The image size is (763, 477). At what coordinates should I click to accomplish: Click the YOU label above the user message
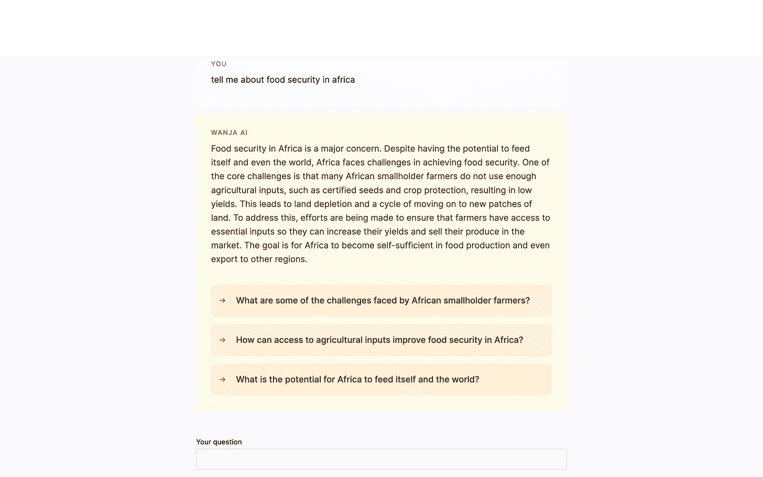[x=219, y=64]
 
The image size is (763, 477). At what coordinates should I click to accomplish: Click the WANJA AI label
[x=229, y=133]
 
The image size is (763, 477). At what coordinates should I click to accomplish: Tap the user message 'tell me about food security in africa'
[x=282, y=80]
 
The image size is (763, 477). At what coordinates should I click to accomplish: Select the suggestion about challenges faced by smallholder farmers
[x=383, y=300]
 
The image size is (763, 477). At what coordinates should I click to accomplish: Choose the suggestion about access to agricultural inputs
[x=379, y=340]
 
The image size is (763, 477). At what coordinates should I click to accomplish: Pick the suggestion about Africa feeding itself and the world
[x=357, y=380]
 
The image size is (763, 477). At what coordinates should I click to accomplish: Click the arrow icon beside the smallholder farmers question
[x=222, y=300]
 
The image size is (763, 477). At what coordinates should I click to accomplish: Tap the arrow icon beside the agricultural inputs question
[x=222, y=340]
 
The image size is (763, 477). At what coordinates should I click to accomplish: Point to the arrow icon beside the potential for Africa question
[x=222, y=380]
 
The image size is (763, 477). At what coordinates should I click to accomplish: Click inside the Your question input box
[x=381, y=459]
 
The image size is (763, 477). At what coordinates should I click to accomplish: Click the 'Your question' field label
[x=219, y=442]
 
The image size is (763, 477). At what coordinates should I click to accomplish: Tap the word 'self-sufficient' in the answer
[x=409, y=245]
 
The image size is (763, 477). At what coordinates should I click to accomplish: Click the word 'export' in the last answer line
[x=224, y=259]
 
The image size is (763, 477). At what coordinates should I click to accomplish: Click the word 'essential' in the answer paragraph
[x=231, y=232]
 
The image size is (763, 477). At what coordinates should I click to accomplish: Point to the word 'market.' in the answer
[x=226, y=245]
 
